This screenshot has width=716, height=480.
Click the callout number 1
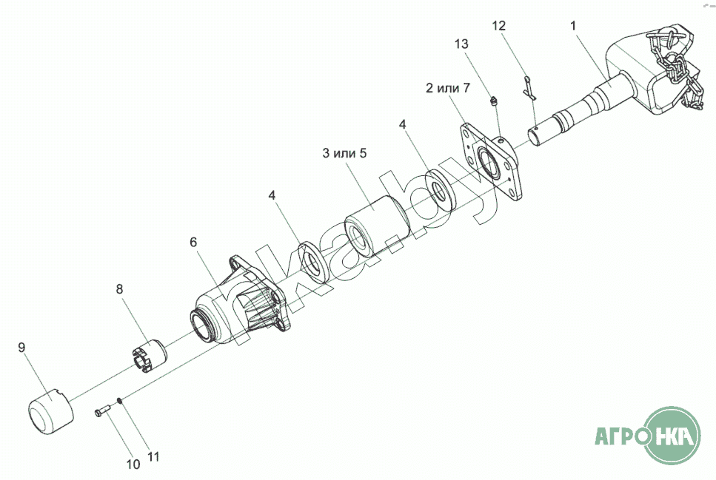pyautogui.click(x=573, y=26)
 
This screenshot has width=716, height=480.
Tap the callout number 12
pyautogui.click(x=499, y=26)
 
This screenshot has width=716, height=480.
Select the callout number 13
pyautogui.click(x=461, y=44)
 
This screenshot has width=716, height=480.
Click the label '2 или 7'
pyautogui.click(x=447, y=89)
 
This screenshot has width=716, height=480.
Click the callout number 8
pyautogui.click(x=119, y=288)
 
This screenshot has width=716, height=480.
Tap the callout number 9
pyautogui.click(x=21, y=346)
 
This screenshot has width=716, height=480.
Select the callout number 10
pyautogui.click(x=133, y=465)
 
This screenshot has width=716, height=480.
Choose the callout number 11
pyautogui.click(x=153, y=457)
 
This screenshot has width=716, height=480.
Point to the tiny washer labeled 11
pyautogui.click(x=119, y=402)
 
